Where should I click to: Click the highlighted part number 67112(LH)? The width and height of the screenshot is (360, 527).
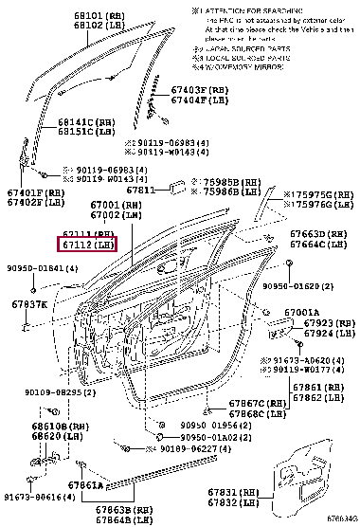88,245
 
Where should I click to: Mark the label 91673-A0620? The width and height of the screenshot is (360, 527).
317,359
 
